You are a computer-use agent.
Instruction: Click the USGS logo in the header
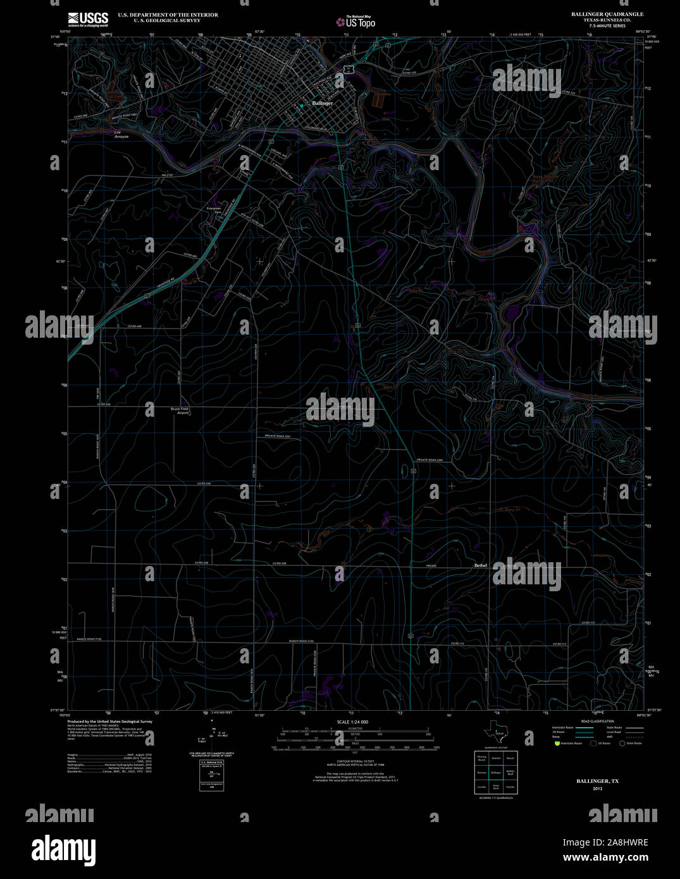coord(88,20)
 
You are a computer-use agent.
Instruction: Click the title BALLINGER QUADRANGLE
coord(607,14)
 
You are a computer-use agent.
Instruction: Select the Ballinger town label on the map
coord(322,103)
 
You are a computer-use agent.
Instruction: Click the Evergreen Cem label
coord(214,210)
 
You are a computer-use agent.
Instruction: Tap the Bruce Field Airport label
coord(180,411)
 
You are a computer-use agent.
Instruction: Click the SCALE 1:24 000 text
coord(352,722)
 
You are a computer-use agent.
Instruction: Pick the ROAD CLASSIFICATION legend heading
coord(598,722)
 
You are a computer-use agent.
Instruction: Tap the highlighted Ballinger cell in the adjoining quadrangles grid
coord(496,772)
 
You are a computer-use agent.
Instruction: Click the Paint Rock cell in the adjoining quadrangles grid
coord(496,787)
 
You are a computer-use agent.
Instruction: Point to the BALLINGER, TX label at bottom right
coord(597,782)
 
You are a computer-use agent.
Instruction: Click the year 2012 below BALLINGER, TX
coord(598,789)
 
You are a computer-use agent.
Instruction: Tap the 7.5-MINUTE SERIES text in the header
coord(607,26)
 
